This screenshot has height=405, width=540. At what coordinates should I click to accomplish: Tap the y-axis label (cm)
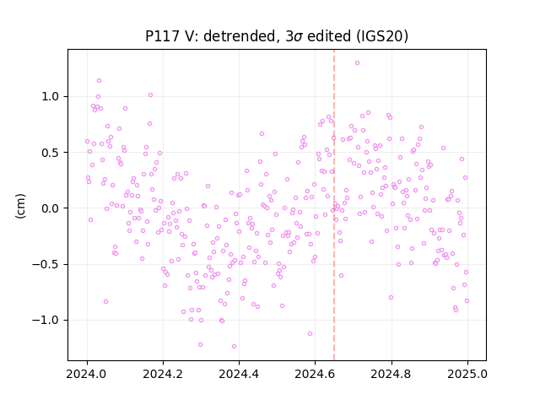coord(20,206)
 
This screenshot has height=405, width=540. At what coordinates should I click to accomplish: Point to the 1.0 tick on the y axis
coord(51,96)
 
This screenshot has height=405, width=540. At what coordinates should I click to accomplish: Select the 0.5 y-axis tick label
coord(51,153)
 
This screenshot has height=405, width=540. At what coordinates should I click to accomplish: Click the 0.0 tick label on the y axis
coord(51,208)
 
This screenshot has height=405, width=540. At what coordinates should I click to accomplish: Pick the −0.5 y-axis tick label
coord(46,264)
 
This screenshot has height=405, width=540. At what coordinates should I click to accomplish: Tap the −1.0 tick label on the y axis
coord(46,321)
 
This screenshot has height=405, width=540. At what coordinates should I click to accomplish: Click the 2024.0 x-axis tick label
coord(87,374)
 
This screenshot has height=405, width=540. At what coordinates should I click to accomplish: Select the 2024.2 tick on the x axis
coord(163,374)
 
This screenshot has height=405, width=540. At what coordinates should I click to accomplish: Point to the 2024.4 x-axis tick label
coord(239,374)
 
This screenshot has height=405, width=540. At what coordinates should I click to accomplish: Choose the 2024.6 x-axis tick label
coord(315,374)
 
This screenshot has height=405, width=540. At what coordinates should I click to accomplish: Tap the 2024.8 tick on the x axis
coord(391,374)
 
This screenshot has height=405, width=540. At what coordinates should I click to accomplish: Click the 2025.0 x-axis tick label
coord(467,374)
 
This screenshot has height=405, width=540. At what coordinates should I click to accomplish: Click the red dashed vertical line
coord(334,205)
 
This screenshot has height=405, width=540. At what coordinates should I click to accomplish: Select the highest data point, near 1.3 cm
coord(357,63)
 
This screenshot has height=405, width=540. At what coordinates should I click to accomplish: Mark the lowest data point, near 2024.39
coord(235,347)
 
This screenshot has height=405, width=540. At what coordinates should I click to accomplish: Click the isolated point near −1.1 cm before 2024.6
coord(310,334)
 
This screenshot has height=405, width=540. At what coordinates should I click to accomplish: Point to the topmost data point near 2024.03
coord(100,81)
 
